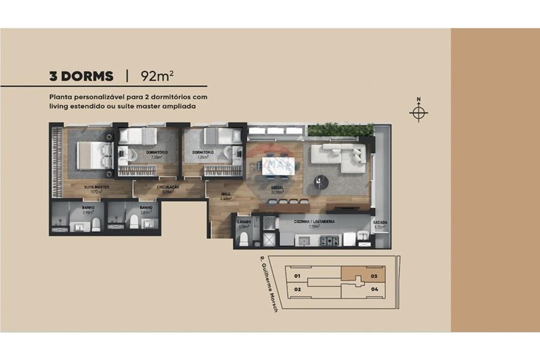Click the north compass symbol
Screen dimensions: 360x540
(x=418, y=113)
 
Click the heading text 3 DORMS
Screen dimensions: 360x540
(x=82, y=76)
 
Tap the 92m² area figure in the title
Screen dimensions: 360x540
(x=157, y=76)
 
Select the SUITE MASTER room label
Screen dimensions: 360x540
(x=97, y=187)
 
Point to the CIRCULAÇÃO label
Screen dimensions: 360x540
(x=168, y=187)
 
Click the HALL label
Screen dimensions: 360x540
(x=226, y=194)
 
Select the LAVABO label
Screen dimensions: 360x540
(x=242, y=222)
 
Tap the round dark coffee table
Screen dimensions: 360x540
(x=321, y=183)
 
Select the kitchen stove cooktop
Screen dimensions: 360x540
(x=329, y=241)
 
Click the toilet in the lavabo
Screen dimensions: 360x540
(x=244, y=239)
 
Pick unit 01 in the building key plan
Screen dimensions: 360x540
(x=297, y=276)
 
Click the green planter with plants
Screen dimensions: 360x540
(x=340, y=130)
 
